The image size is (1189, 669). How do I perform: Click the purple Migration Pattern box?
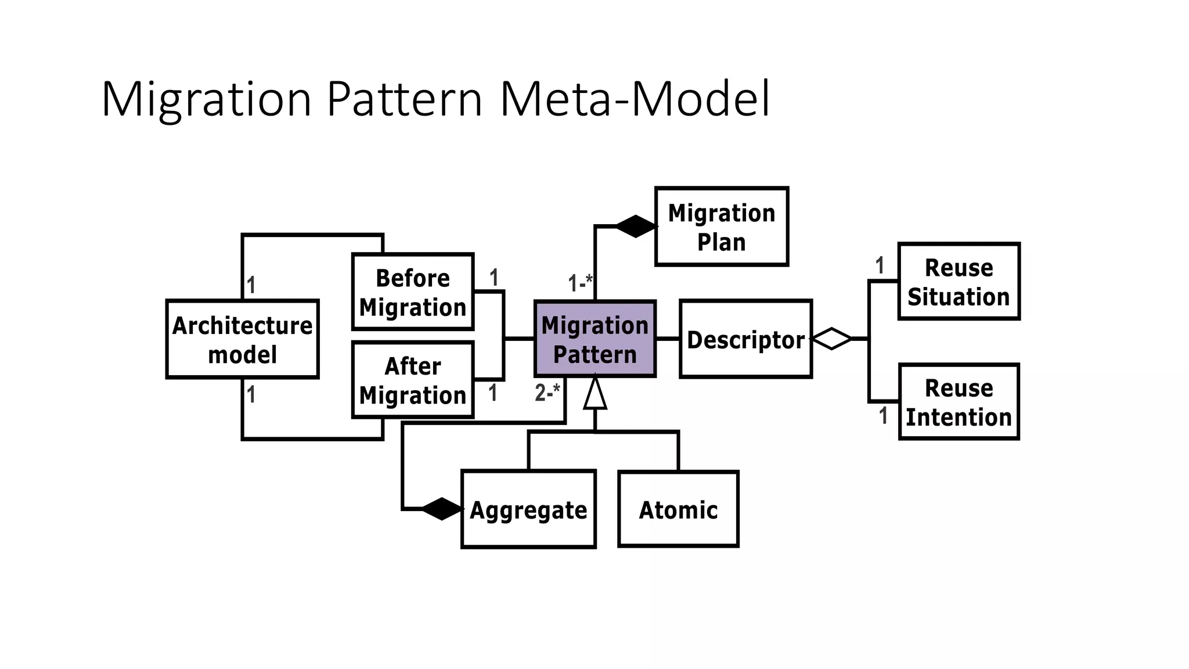point(595,339)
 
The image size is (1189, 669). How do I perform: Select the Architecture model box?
point(242,340)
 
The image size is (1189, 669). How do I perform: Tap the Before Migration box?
point(413,292)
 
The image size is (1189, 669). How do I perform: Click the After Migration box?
point(413,380)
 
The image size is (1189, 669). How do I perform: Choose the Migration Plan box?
point(722,227)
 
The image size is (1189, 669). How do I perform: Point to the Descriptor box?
point(745,340)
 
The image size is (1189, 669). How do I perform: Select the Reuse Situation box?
point(959,282)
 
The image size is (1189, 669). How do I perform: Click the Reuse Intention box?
point(959,402)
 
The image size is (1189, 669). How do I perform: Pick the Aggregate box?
point(528,509)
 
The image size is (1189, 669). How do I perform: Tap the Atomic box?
point(678,509)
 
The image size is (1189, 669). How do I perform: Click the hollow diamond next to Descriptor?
point(831,339)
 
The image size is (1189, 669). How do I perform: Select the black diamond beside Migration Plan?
point(636,226)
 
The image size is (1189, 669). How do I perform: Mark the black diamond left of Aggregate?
point(442,509)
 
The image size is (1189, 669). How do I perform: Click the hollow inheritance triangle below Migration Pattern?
point(595,395)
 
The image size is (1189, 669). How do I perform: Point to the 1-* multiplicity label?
point(580,283)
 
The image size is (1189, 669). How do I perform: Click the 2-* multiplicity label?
point(547,393)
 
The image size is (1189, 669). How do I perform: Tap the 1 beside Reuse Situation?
point(880,266)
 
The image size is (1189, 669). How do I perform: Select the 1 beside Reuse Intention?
point(883,416)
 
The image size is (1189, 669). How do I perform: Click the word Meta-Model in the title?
point(635,99)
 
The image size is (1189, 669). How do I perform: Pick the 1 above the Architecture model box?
point(251,285)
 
